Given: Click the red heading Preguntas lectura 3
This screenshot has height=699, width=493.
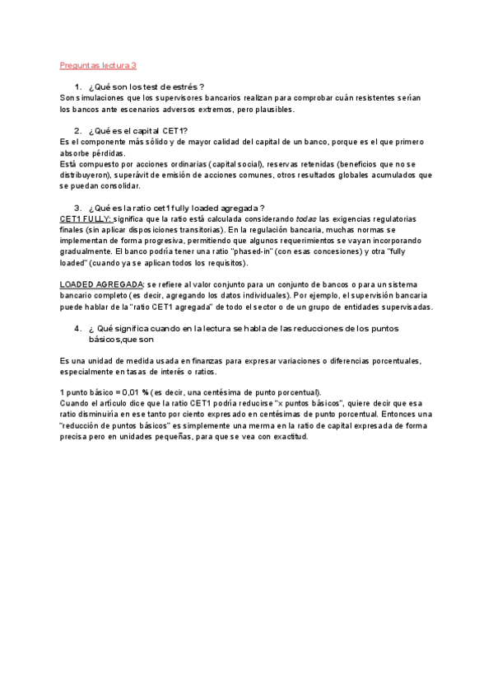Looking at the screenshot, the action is tap(98, 65).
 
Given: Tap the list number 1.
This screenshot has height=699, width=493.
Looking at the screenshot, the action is tap(77, 87).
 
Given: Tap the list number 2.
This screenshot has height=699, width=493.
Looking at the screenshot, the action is tap(77, 131).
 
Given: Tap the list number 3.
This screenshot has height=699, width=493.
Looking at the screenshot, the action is tap(77, 208).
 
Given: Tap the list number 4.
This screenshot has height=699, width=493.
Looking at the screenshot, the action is tap(77, 328).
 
